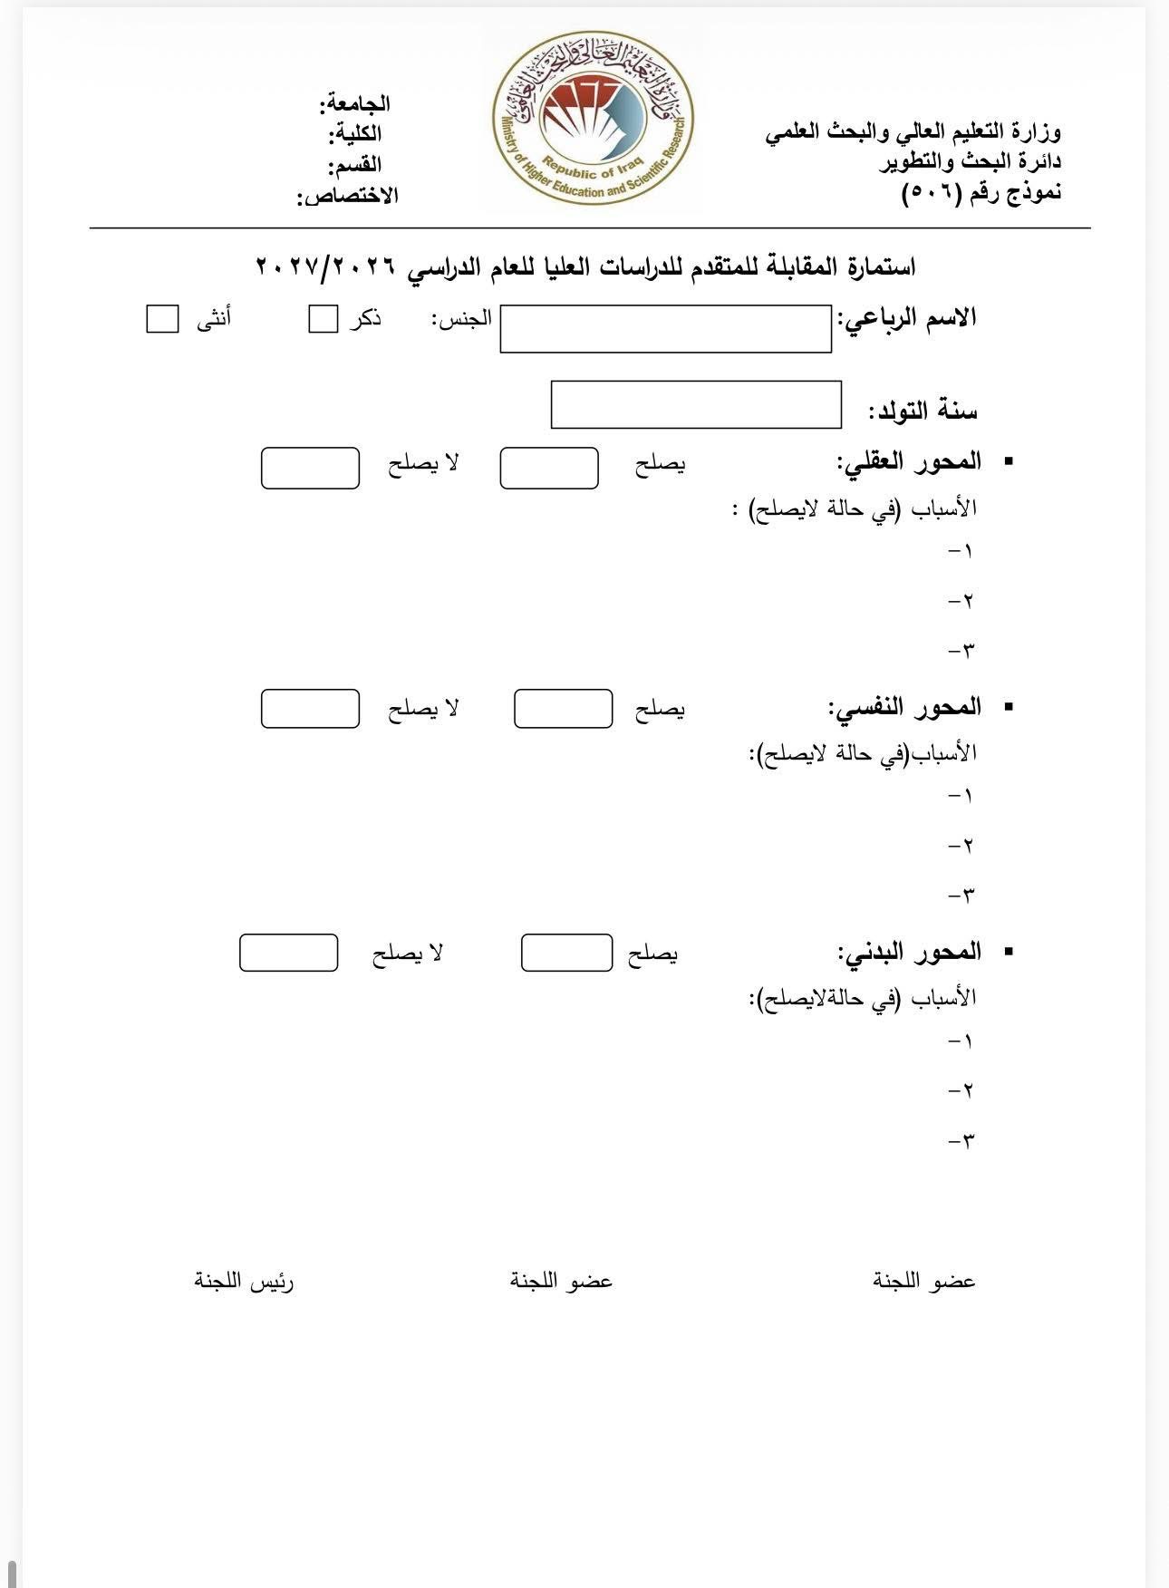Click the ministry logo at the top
[594, 118]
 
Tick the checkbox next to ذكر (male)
[323, 319]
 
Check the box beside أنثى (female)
[162, 319]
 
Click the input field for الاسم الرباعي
[665, 328]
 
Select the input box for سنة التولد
[696, 404]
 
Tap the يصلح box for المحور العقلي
[548, 468]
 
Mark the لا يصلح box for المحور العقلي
[310, 468]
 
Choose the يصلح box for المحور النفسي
[563, 709]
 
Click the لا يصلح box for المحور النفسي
[310, 709]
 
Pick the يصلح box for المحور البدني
[566, 953]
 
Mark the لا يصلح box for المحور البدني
[288, 953]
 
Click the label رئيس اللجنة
[244, 1281]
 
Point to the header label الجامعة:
[354, 104]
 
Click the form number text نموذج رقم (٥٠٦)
[981, 192]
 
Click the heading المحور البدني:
[909, 952]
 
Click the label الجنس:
[461, 318]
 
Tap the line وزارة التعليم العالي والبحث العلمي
[913, 132]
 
